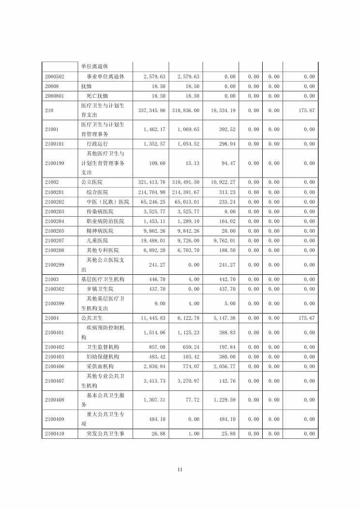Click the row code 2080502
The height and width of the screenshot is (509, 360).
[x=55, y=76]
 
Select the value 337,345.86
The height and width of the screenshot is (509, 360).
[x=151, y=110]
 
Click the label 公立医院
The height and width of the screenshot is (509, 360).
[x=91, y=182]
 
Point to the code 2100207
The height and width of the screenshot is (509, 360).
[x=55, y=240]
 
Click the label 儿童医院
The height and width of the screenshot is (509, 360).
[x=97, y=240]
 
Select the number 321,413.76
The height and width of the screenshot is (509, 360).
[x=151, y=182]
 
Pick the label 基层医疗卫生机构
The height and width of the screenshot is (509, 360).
[x=103, y=279]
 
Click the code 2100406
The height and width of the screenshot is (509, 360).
[x=55, y=366]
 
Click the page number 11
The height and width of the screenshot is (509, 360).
[x=180, y=469]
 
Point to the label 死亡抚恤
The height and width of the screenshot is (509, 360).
[x=97, y=96]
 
